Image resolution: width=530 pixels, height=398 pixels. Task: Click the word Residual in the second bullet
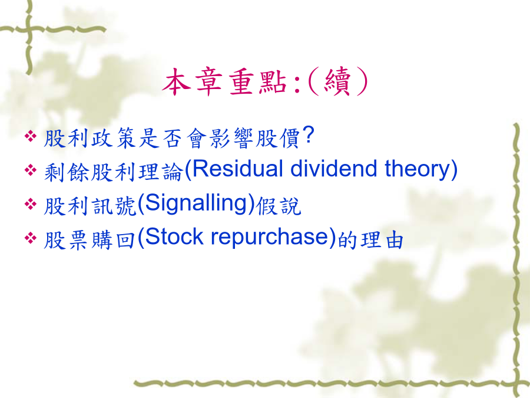tap(237, 169)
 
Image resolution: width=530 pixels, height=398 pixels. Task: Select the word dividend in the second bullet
tap(333, 169)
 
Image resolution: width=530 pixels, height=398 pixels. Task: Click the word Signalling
tap(196, 204)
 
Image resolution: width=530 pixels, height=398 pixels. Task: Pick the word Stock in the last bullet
tap(174, 236)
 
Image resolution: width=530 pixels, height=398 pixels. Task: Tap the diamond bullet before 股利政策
tap(31, 136)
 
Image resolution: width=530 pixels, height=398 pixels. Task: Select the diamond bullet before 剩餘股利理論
tap(31, 170)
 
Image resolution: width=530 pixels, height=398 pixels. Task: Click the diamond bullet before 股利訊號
tap(31, 204)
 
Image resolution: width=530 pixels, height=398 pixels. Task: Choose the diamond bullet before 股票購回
tap(31, 238)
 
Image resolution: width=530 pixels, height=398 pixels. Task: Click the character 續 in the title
tap(337, 82)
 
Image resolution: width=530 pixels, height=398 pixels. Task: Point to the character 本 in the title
tap(175, 81)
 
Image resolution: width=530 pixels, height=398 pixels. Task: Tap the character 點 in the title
tap(273, 82)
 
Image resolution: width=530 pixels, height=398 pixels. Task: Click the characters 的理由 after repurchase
tap(371, 240)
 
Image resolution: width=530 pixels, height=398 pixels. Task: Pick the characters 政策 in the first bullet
tap(114, 138)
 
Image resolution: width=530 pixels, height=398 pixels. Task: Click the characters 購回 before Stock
tap(114, 240)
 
